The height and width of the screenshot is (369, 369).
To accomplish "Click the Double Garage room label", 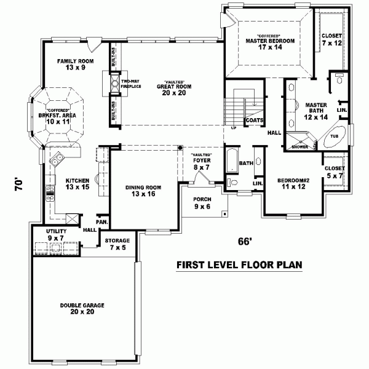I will [82, 308].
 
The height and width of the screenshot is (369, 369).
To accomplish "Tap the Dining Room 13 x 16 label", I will [143, 191].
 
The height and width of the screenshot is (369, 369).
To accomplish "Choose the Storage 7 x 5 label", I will [116, 244].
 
